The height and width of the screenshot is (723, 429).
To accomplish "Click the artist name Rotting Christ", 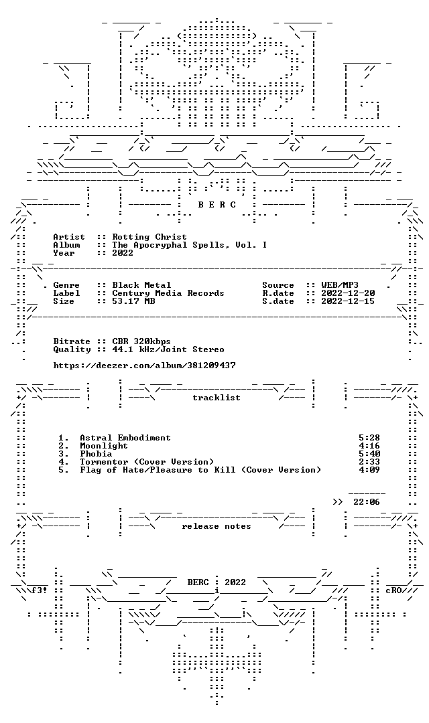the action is [x=149, y=237].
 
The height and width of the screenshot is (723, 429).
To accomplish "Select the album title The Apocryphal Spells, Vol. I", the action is [x=189, y=245].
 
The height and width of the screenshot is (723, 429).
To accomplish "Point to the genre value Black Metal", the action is [x=141, y=285].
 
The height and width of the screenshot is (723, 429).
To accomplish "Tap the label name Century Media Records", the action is [x=168, y=293].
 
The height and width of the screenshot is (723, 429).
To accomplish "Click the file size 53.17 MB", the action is [x=133, y=301].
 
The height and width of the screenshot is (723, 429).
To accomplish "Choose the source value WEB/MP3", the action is [x=340, y=285].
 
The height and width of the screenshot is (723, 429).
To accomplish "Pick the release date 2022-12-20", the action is [x=348, y=293].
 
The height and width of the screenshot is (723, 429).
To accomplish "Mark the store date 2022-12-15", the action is [x=348, y=301].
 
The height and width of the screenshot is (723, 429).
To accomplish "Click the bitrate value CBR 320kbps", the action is [x=141, y=341].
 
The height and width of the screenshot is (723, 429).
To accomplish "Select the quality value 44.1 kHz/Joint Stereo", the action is [x=168, y=349].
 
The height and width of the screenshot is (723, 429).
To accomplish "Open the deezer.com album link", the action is [x=145, y=366].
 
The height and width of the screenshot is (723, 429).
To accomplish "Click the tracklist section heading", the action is [x=217, y=398].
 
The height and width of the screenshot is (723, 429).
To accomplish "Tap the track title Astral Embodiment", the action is [x=125, y=438].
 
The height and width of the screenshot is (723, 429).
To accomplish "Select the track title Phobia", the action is [x=96, y=454].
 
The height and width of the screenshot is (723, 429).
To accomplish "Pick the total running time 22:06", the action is [x=367, y=502].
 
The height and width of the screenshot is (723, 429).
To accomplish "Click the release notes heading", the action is [x=217, y=526].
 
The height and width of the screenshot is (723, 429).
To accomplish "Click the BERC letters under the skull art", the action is [x=217, y=205].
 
